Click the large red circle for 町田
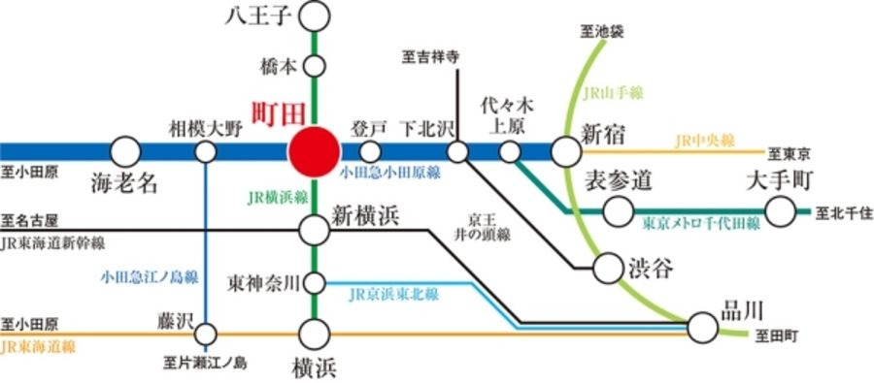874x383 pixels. [314, 152]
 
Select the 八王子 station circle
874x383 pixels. [314, 16]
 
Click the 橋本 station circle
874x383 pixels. [314, 67]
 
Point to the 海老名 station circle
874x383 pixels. [124, 152]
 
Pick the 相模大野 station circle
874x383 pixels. [206, 152]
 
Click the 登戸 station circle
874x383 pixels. [370, 152]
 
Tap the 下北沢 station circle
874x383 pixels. [457, 152]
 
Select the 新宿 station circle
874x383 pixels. [565, 152]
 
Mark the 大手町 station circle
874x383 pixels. [780, 210]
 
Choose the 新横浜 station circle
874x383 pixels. [314, 230]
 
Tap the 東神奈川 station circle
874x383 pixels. [314, 283]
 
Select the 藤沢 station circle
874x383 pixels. [206, 335]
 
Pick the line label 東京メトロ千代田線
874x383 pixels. [701, 224]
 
